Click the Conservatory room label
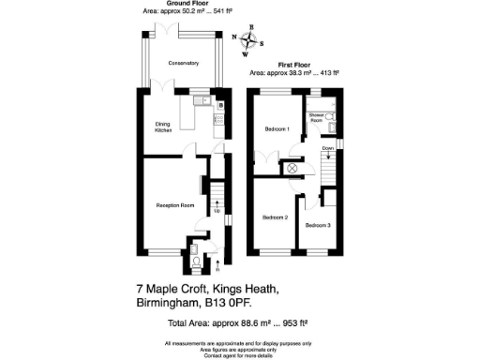[184, 63]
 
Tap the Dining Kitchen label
[165, 126]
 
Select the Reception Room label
[174, 204]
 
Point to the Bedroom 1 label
[277, 128]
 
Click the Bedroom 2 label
[275, 217]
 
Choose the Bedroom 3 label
[318, 225]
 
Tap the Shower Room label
[317, 118]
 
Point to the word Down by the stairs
[327, 148]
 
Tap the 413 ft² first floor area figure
[322, 72]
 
